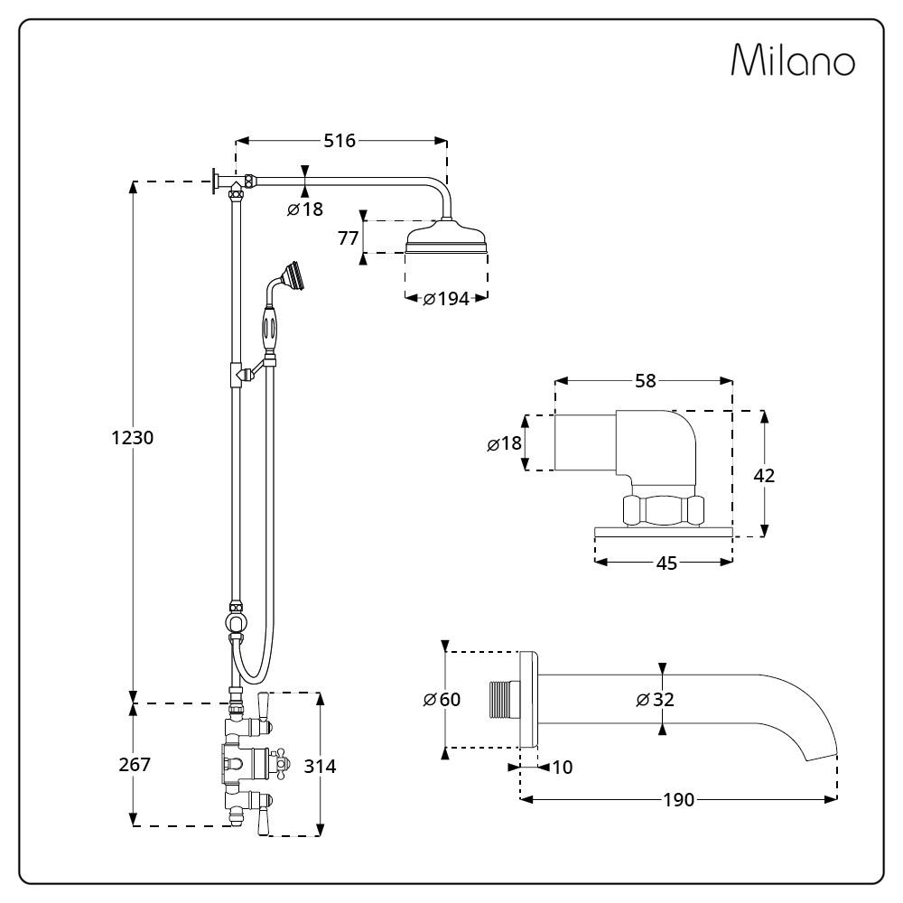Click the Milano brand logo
point(793,60)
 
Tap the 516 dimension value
point(340,141)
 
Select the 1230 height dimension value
point(133,438)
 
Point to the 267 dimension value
point(135,764)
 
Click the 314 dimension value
point(320,766)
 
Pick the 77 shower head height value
point(349,237)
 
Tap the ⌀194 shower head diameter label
point(446,299)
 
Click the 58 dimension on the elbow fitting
point(645,381)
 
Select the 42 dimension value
point(764,476)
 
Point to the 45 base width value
point(666,563)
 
